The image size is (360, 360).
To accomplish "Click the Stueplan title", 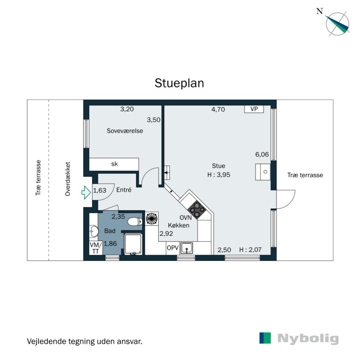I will click(180, 83).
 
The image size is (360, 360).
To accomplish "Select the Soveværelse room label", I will click(125, 131).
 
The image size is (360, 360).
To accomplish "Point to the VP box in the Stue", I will click(254, 109).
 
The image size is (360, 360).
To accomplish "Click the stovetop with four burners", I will click(197, 208).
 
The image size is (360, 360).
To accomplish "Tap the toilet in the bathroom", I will click(134, 221).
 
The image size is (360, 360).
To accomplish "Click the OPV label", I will click(172, 248).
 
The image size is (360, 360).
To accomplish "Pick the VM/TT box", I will click(95, 248).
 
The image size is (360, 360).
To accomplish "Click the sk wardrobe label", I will click(114, 164).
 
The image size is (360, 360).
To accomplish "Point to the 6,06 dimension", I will click(262, 154).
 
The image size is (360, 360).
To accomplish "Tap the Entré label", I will click(124, 190).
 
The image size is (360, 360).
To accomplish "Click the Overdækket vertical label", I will click(68, 179).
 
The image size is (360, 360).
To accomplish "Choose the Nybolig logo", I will click(299, 338).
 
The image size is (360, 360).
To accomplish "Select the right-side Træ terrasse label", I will click(305, 175).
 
